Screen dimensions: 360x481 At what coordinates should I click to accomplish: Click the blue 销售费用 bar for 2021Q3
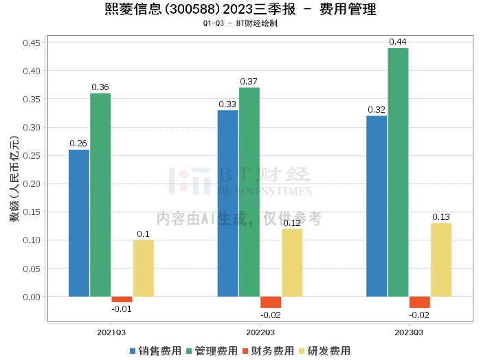79,223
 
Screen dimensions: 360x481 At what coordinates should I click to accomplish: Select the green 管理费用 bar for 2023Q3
398,172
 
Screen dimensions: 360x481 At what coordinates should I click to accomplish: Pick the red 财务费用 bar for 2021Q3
122,300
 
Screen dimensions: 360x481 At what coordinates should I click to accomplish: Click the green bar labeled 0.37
249,192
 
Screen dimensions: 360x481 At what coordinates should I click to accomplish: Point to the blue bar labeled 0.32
377,206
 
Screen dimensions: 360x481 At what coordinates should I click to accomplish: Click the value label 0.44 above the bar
398,42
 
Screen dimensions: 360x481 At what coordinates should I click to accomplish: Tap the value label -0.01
122,308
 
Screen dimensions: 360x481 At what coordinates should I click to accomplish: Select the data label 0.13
441,217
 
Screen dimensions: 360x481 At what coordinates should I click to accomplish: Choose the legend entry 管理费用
212,350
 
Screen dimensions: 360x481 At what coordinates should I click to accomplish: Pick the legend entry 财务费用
267,350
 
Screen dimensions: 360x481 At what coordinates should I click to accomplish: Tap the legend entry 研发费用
324,350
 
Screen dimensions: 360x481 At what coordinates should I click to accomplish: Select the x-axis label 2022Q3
260,332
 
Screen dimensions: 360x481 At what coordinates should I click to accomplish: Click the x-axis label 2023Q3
409,332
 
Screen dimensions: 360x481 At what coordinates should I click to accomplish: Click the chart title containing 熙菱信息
240,10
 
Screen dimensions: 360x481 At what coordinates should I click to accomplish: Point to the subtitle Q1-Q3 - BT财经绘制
240,23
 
